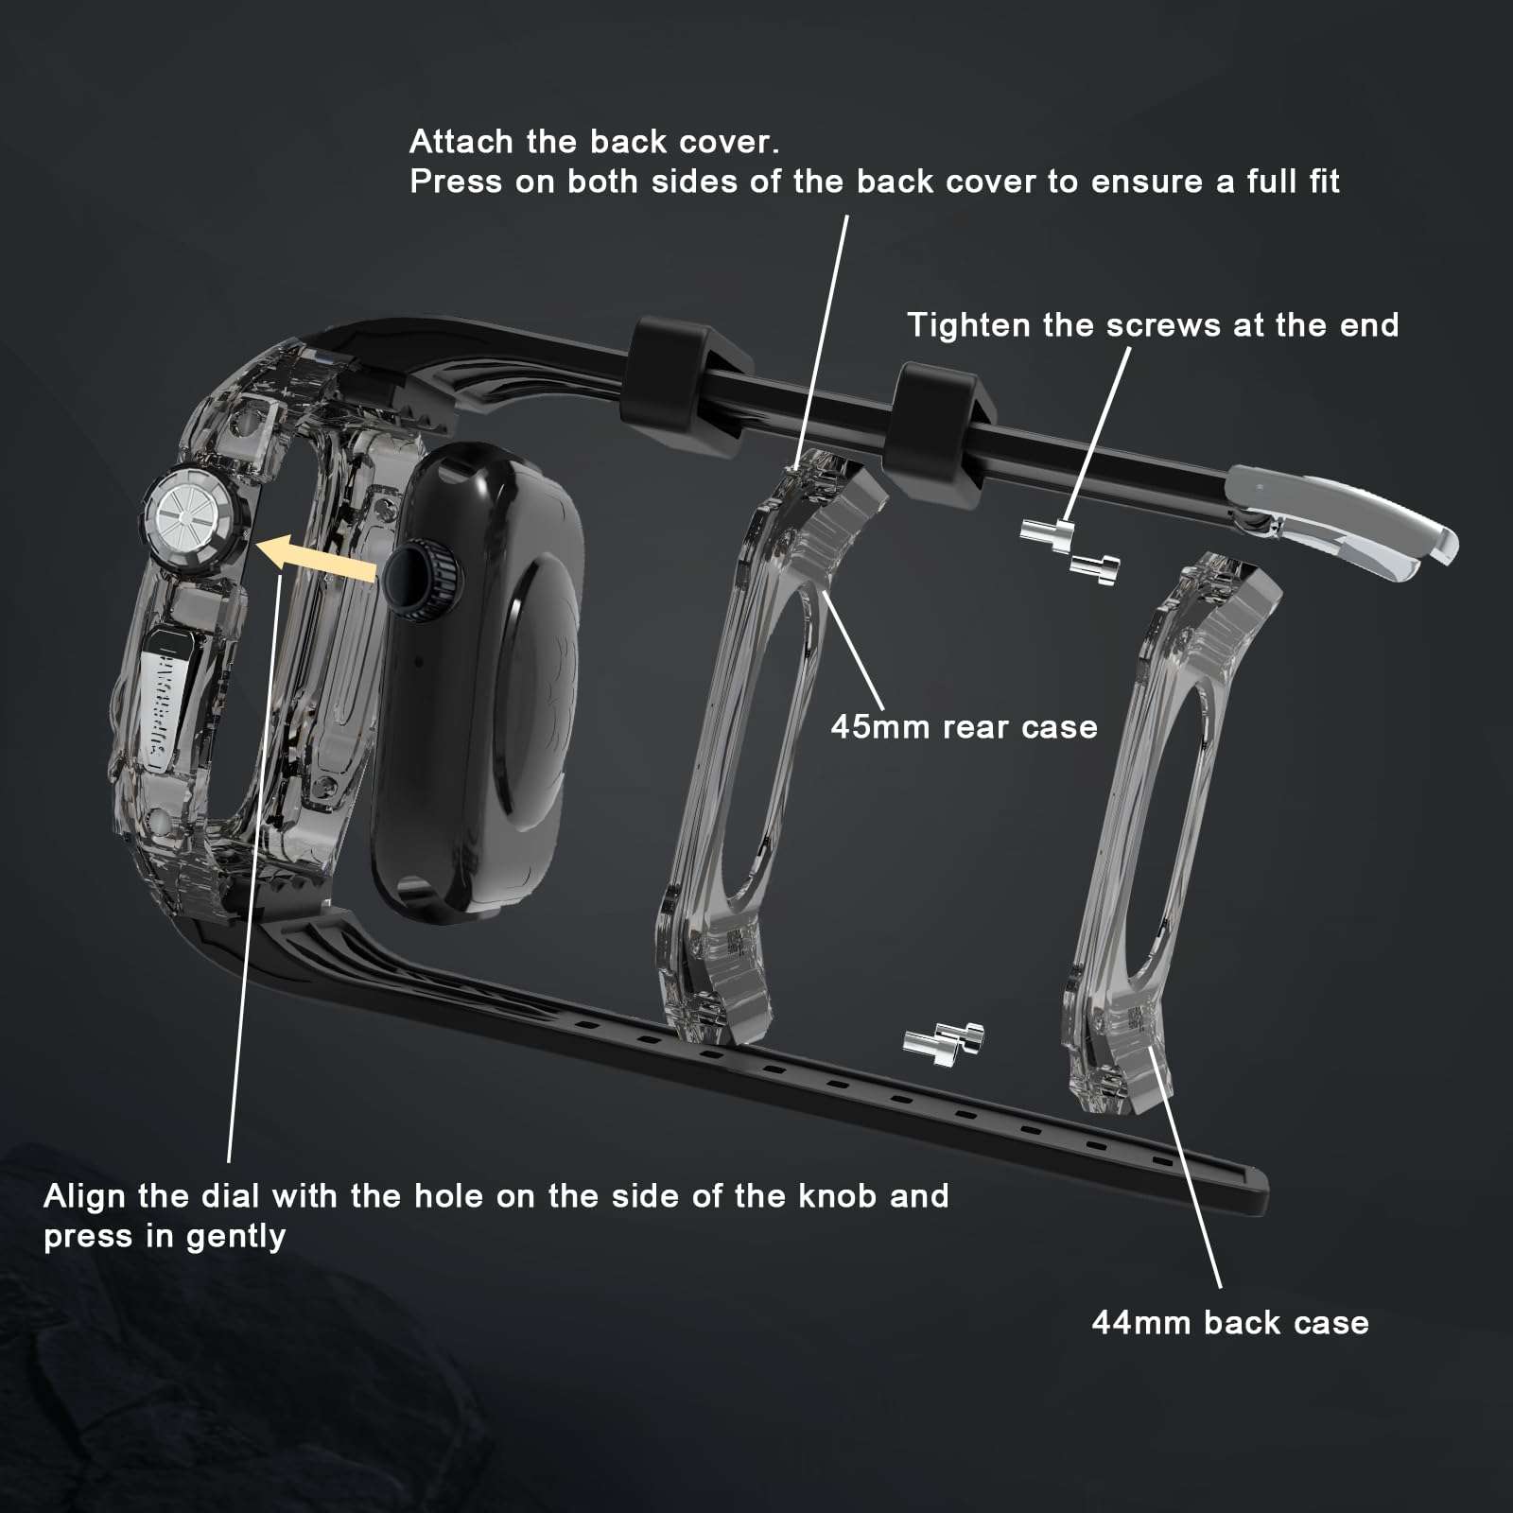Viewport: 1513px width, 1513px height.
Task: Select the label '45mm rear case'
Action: (964, 726)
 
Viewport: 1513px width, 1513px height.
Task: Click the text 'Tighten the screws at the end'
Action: (1153, 324)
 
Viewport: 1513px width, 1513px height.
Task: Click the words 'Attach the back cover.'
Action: (595, 142)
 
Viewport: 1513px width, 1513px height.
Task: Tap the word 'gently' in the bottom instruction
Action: (235, 1237)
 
